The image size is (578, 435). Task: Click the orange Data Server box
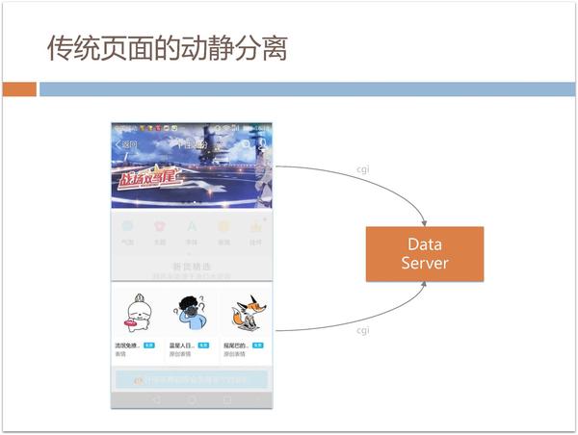(424, 254)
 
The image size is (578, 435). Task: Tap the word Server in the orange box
(425, 264)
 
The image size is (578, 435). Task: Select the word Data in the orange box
(424, 244)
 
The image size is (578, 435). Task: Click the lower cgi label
(363, 330)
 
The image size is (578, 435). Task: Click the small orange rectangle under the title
(18, 90)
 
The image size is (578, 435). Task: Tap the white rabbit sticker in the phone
(136, 313)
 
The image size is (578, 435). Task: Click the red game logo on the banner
(144, 178)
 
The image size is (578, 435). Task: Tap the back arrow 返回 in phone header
(125, 144)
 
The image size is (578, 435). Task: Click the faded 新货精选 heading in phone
(192, 266)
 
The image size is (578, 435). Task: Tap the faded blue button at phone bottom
(192, 379)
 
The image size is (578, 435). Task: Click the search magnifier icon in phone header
(247, 144)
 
